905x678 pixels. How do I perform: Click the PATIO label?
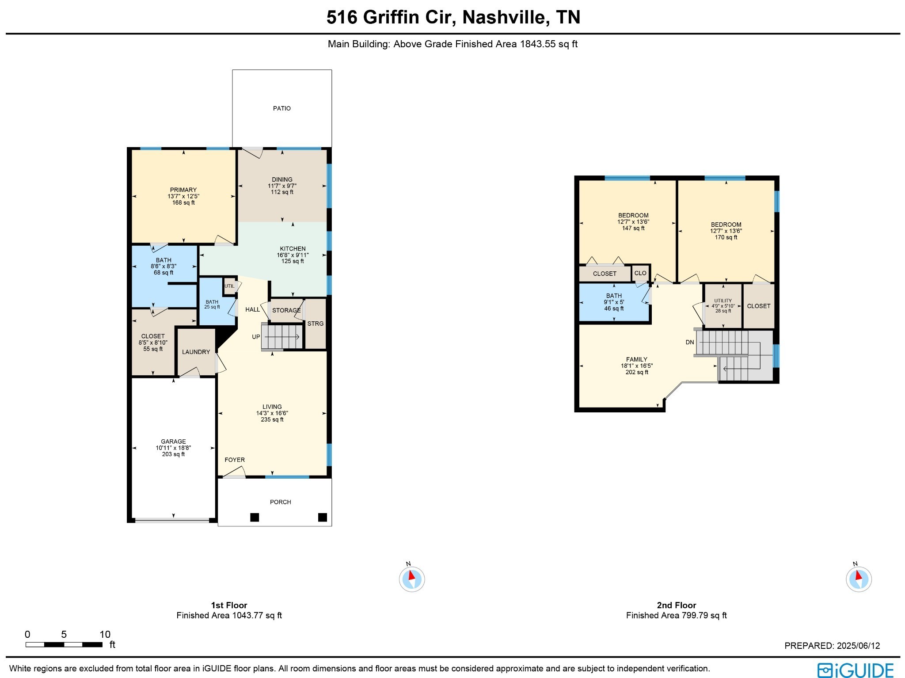coord(281,108)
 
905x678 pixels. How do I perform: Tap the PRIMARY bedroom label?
coord(183,190)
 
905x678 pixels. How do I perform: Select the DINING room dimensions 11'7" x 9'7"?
coord(282,186)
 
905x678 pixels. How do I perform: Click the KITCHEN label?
coord(293,248)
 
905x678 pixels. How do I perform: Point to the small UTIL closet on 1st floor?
coord(229,286)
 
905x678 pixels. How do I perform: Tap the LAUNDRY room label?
coord(196,352)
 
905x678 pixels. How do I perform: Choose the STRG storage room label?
coord(315,324)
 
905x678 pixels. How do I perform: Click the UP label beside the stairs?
coord(256,337)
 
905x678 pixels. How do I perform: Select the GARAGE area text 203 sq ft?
coord(173,454)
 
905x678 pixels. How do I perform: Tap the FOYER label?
coord(234,460)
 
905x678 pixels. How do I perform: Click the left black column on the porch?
coord(255,517)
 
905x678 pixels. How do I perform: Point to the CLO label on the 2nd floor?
coord(640,273)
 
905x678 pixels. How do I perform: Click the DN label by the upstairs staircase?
coord(689,342)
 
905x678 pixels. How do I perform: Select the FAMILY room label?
coord(636,359)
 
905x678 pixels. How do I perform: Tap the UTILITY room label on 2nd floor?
coord(723,301)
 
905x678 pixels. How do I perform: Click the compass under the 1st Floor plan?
coord(411,579)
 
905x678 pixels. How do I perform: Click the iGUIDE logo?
coord(855,670)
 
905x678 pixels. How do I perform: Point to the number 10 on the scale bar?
coord(105,634)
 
